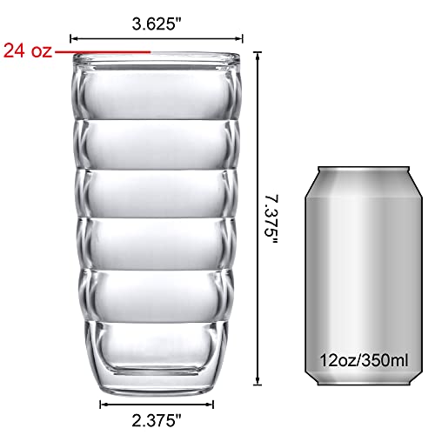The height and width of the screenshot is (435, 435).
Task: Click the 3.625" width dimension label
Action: tap(157, 23)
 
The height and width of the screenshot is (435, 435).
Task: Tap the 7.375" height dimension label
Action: tap(271, 219)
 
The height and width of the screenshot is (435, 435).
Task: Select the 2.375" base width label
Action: tap(157, 420)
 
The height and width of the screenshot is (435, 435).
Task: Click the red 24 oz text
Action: tap(28, 50)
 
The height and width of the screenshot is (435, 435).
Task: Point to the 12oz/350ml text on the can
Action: tap(364, 360)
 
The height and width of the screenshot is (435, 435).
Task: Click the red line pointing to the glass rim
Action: tap(103, 52)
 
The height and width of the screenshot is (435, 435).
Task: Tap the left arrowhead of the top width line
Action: tap(72, 38)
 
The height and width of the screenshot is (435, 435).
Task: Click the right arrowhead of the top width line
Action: tap(240, 38)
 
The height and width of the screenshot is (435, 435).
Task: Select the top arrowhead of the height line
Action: tap(258, 55)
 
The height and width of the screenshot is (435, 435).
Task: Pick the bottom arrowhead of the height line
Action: tap(258, 382)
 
